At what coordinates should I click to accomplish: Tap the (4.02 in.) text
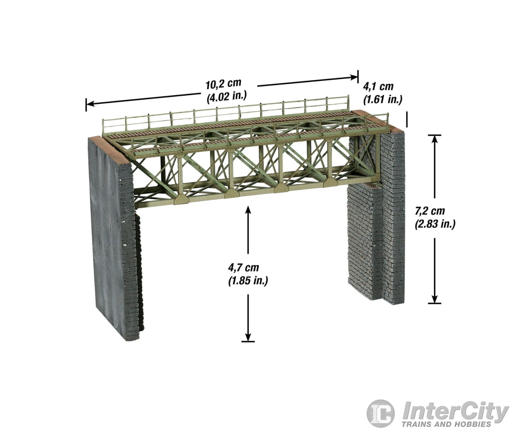coord(227,97)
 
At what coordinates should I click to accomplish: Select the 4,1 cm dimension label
coord(378,87)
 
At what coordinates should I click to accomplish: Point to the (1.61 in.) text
coord(383,99)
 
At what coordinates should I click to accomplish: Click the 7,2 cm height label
coord(430,211)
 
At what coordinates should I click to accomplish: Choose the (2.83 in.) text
coord(435,224)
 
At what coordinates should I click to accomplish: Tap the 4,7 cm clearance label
coord(244,267)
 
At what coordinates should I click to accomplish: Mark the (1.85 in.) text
coord(248,280)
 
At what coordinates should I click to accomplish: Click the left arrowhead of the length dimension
coord(90,103)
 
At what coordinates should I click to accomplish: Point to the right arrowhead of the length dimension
coord(354,77)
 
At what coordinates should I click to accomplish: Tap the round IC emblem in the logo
coord(381,413)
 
